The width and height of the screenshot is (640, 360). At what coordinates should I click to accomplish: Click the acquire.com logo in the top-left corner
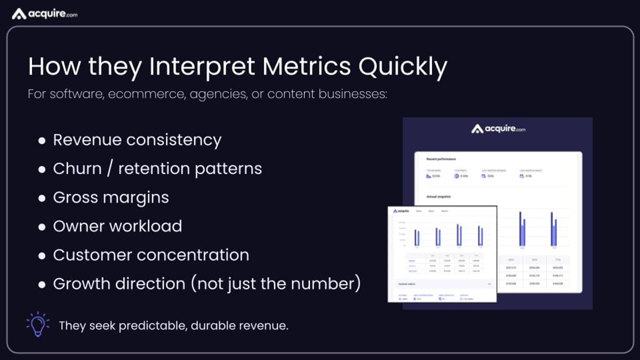point(45,14)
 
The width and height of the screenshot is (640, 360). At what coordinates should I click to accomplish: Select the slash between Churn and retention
point(110,169)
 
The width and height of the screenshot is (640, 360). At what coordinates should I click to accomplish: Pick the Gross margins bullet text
point(111,197)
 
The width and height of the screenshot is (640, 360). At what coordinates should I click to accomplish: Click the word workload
point(150,226)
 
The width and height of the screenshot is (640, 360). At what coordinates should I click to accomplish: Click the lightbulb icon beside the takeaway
point(37,325)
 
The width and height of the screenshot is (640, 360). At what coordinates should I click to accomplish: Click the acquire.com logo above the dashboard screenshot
point(498,129)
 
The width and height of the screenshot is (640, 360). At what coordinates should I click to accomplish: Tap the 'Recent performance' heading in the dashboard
point(441,159)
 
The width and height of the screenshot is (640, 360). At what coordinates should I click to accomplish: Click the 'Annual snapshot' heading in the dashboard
point(438,197)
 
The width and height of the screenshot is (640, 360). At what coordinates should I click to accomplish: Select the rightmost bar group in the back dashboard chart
point(554,229)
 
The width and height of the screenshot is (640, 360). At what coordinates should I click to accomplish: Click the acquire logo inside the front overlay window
point(402,211)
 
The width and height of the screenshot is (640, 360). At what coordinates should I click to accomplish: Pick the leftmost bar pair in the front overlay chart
point(417,237)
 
